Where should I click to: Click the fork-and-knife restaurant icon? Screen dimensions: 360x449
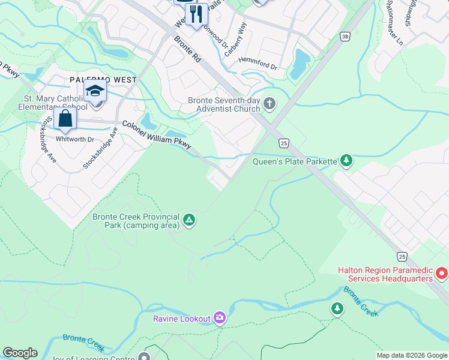point(196,14)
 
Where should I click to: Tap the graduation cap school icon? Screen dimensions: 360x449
point(95,92)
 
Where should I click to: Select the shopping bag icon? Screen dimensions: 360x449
point(65,118)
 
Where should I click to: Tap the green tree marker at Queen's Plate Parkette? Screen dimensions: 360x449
point(346,160)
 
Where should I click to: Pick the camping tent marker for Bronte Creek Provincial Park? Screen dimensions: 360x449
point(188,220)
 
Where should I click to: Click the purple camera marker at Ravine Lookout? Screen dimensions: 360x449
point(220,317)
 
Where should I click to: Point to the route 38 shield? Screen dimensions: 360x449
point(345,37)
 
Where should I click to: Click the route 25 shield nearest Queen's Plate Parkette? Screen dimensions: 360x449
point(284,143)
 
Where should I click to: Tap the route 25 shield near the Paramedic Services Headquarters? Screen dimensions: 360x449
point(402,256)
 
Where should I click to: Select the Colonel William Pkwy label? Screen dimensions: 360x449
point(157,135)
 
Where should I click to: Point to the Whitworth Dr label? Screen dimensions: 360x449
point(75,139)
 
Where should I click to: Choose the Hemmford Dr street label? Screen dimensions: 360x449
point(257,63)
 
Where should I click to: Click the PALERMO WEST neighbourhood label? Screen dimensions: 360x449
point(103,80)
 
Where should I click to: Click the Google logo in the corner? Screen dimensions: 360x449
point(20,353)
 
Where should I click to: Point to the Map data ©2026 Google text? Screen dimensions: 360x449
point(412,355)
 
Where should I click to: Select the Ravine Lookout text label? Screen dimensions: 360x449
point(182,319)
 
